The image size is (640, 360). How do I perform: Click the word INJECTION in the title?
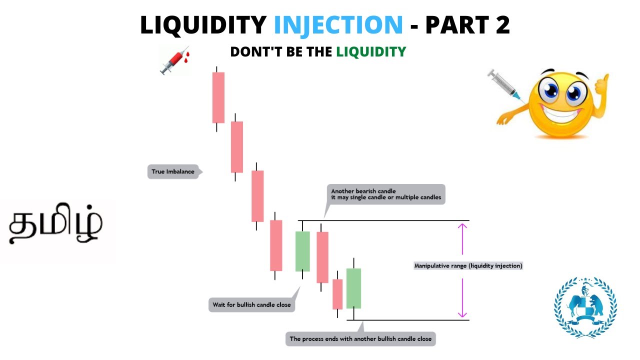tap(338, 25)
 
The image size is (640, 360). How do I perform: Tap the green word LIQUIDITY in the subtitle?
tap(370, 51)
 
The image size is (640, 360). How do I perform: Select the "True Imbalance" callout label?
tap(173, 171)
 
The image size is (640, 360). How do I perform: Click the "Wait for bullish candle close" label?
tap(251, 304)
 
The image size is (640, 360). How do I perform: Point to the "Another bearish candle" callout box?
tap(385, 193)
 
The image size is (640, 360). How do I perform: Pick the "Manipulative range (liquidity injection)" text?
tap(468, 266)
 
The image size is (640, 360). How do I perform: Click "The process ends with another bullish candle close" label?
tap(360, 338)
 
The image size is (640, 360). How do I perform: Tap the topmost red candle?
tap(218, 97)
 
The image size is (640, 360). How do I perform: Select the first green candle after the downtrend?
tap(302, 251)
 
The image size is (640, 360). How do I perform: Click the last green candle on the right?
tap(353, 288)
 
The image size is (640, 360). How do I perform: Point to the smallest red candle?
tap(337, 294)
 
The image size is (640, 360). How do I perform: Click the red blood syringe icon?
tap(174, 60)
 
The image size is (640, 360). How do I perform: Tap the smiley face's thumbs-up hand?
tap(601, 85)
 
